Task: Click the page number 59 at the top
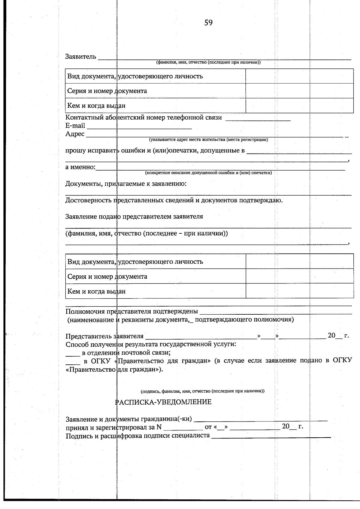[x=208, y=23]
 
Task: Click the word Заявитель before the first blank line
[x=81, y=56]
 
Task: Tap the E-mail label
[x=75, y=126]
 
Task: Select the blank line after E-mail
[x=139, y=128]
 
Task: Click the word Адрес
[x=75, y=134]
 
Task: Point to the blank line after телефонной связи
[x=258, y=120]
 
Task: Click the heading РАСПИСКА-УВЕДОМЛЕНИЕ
[x=163, y=402]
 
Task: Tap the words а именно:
[x=80, y=167]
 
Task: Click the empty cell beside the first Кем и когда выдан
[x=299, y=106]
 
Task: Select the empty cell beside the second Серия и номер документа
[x=299, y=276]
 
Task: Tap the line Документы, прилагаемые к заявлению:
[x=126, y=184]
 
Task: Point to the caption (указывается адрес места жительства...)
[x=208, y=140]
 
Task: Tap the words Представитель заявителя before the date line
[x=104, y=336]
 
